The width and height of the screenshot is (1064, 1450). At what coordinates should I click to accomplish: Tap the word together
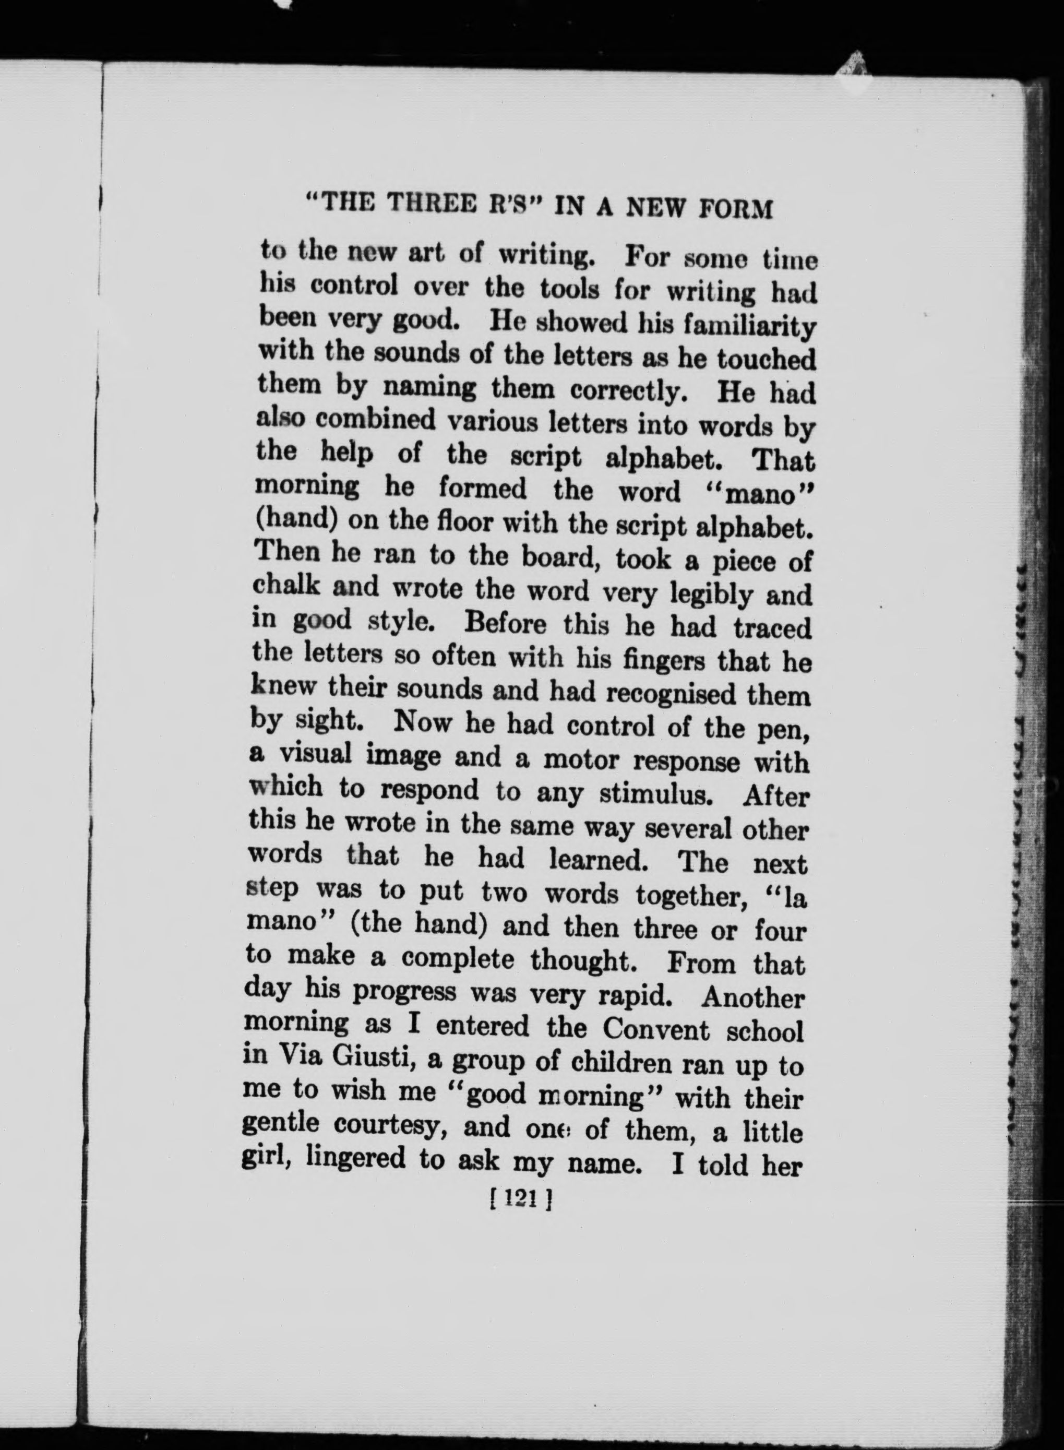click(690, 895)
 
